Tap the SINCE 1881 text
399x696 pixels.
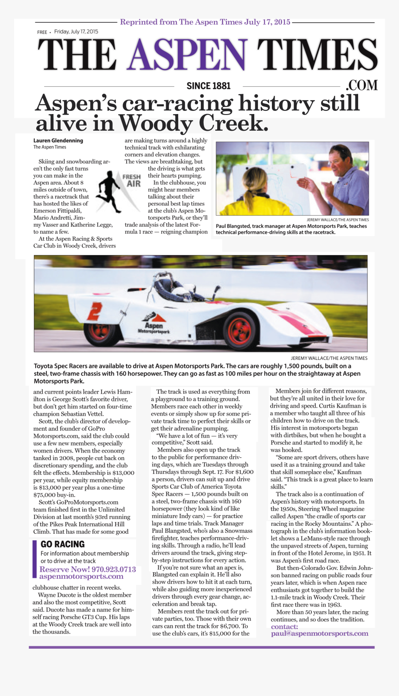pyautogui.click(x=208, y=86)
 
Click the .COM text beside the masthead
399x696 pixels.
pyautogui.click(x=362, y=85)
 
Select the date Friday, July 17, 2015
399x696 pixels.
pyautogui.click(x=76, y=32)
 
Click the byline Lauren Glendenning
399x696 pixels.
pyautogui.click(x=58, y=140)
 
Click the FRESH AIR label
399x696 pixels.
pyautogui.click(x=132, y=180)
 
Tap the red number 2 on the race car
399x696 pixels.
pyautogui.click(x=95, y=311)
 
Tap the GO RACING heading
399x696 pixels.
pyautogui.click(x=63, y=544)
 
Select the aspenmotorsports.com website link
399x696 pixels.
pyautogui.click(x=81, y=577)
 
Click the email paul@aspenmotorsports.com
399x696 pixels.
pyautogui.click(x=320, y=633)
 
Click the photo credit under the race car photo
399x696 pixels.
pyautogui.click(x=329, y=358)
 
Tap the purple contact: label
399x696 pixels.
pyautogui.click(x=284, y=626)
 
